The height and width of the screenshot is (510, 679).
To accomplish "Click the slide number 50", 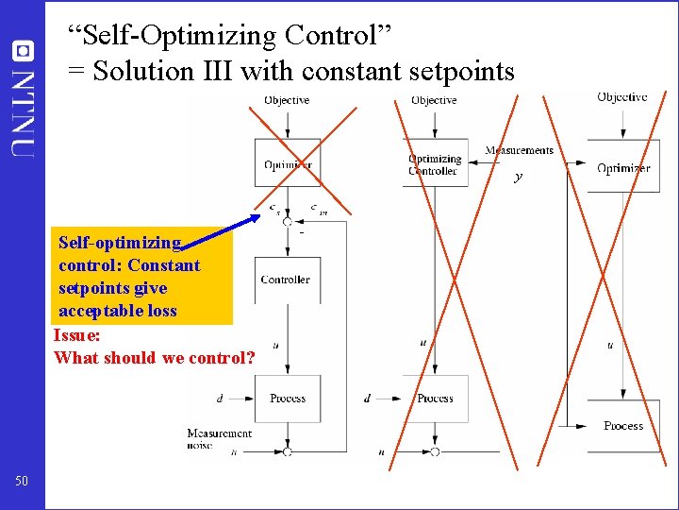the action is [x=22, y=482].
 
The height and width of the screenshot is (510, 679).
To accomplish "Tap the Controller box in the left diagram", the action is [x=285, y=280].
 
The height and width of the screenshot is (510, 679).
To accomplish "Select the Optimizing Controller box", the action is [x=434, y=165].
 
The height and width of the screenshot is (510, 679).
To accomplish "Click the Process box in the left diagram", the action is [x=288, y=399].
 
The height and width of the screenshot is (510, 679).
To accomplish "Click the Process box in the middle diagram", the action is [x=435, y=399].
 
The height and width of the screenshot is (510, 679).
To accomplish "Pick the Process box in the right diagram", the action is [x=623, y=426].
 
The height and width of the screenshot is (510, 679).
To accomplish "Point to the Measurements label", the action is [x=519, y=150].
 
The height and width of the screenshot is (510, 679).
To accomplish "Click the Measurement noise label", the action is [x=219, y=439].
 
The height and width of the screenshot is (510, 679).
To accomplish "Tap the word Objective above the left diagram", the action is [x=287, y=100].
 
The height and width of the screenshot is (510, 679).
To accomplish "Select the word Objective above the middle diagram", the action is [x=434, y=100].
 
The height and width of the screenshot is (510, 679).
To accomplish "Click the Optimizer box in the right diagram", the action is [x=623, y=168].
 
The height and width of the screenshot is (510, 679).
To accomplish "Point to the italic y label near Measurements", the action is [x=518, y=177].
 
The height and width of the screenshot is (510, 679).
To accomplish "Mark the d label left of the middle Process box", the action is [x=367, y=399].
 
